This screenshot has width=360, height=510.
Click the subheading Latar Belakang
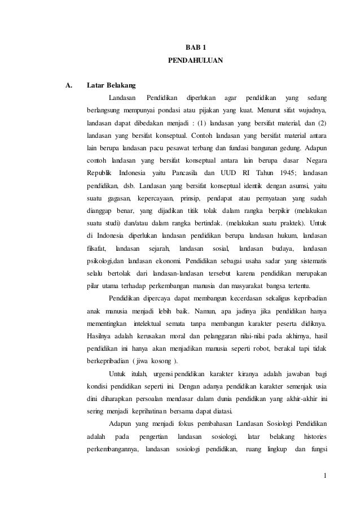(111, 86)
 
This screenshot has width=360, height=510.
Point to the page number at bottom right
(326, 481)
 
